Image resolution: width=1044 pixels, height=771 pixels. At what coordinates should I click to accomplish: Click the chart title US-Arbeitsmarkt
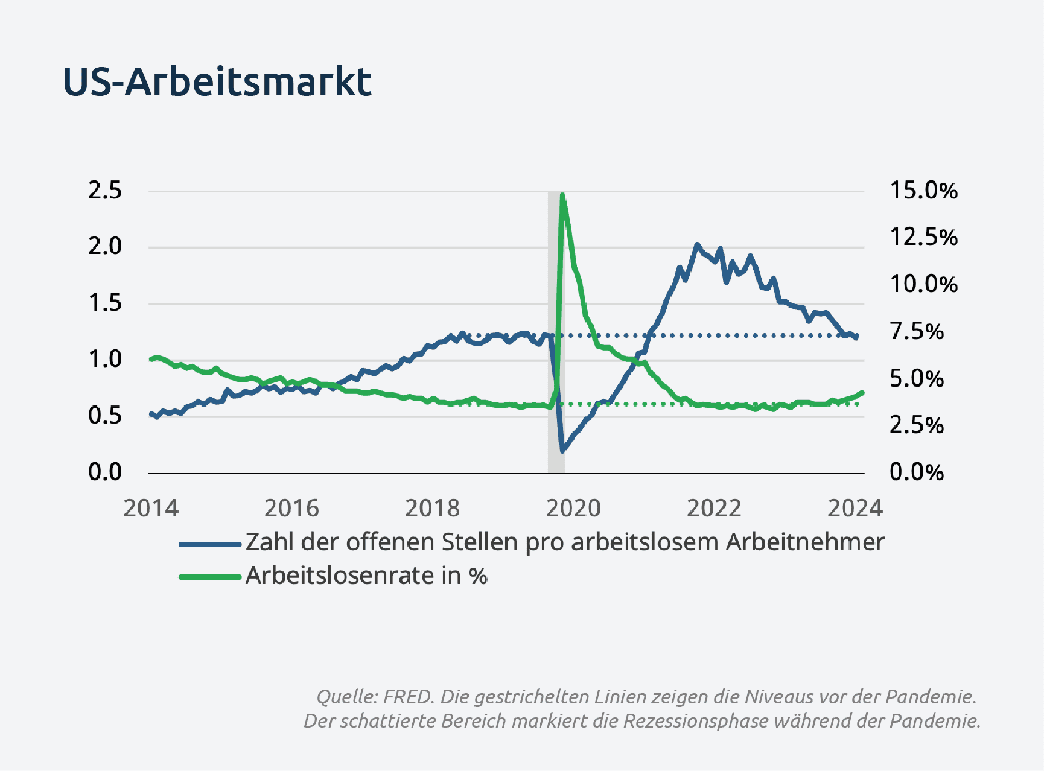coord(217,81)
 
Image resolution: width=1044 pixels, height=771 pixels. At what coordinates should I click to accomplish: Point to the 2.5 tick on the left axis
coord(105,191)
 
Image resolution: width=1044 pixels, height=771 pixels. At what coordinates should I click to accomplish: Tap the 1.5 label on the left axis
coord(105,303)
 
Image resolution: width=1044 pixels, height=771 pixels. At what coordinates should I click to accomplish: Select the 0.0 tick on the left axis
coord(105,472)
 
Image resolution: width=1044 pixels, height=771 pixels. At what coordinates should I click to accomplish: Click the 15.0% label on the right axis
coord(924,191)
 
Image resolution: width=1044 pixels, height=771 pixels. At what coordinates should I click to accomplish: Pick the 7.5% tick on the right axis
coord(917,331)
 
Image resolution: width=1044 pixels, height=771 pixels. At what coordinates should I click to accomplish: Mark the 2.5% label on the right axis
coord(917,425)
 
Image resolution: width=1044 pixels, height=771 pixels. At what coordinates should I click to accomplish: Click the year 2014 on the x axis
coord(151,509)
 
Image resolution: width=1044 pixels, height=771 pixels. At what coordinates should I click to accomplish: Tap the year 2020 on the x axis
coord(573,509)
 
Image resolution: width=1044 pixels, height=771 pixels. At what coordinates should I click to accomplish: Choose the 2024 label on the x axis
coord(855,509)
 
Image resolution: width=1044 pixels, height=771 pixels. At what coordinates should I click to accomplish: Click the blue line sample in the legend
coord(210,544)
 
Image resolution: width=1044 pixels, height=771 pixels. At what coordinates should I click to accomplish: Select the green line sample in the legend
coord(210,577)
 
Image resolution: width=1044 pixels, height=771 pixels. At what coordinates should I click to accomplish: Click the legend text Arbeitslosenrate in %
coord(366,576)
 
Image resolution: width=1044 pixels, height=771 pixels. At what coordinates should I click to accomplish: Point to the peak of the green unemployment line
coord(562,195)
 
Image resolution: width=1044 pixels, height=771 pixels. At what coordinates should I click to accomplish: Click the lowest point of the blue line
coord(562,450)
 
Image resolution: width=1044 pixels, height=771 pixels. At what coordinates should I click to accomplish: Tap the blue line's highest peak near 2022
coord(697,244)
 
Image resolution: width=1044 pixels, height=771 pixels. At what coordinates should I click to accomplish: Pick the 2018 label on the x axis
coord(432,509)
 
